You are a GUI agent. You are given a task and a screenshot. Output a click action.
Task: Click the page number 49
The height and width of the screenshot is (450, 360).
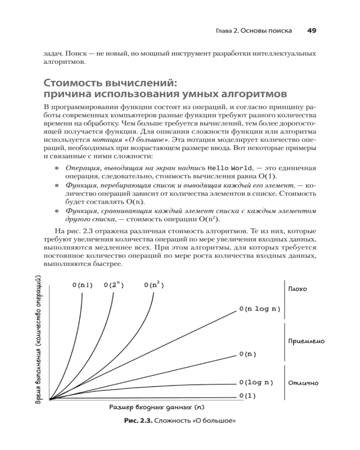(x=312, y=31)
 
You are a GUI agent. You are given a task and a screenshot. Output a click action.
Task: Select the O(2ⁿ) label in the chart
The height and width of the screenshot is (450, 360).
(x=114, y=285)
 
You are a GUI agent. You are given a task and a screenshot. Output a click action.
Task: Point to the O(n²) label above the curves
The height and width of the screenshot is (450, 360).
(x=154, y=285)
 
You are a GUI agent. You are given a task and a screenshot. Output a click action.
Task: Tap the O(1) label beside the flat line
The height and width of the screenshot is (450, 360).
(x=247, y=396)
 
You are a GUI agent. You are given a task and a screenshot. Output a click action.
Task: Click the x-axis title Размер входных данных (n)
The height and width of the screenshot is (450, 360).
(x=157, y=408)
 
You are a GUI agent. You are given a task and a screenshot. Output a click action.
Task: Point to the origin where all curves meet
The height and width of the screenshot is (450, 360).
(x=50, y=399)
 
